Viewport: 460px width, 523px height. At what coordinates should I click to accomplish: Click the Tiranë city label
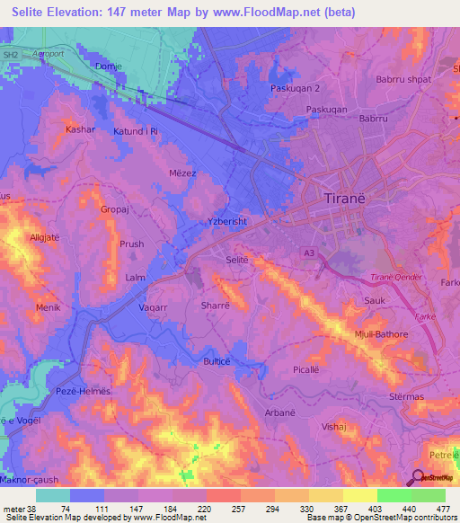(x=351, y=198)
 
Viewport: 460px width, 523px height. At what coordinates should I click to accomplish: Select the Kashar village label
(x=80, y=129)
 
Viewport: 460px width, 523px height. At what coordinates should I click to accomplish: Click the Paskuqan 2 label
(x=296, y=88)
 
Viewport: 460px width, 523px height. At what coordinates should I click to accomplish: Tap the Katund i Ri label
(x=136, y=131)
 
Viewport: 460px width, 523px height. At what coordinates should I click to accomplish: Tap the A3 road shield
(x=309, y=253)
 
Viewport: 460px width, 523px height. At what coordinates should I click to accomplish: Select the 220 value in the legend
(x=205, y=509)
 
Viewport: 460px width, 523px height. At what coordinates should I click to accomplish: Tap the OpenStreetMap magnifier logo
(x=418, y=477)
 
